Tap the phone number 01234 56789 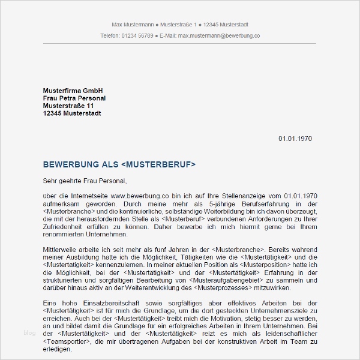click(x=137, y=36)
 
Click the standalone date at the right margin click(x=295, y=139)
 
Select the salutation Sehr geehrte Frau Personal click(x=85, y=180)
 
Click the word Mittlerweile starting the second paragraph click(x=61, y=248)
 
